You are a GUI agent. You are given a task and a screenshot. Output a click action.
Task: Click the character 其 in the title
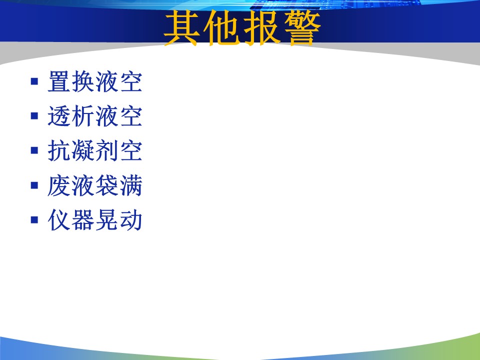click(181, 28)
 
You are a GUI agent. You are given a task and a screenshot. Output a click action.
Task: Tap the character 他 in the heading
click(221, 28)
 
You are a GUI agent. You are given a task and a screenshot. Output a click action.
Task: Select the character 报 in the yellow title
click(261, 28)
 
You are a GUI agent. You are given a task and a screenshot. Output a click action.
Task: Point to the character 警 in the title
click(302, 28)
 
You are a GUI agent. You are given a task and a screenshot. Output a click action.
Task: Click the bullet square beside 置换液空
click(34, 81)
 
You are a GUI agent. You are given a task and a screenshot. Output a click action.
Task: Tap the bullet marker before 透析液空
click(34, 116)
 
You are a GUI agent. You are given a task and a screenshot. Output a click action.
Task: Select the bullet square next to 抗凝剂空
click(34, 150)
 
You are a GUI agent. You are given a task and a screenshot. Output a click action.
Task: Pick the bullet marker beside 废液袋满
click(34, 185)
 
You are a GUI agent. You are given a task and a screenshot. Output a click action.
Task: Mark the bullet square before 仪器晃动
click(34, 220)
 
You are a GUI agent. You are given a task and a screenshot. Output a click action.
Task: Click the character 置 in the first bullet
click(59, 81)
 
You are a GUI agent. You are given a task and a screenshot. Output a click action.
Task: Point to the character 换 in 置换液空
click(83, 81)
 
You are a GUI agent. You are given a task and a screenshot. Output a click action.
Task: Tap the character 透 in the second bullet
click(59, 116)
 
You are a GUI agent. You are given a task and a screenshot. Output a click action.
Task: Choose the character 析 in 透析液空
click(83, 116)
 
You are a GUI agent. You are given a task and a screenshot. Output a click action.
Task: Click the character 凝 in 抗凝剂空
click(83, 150)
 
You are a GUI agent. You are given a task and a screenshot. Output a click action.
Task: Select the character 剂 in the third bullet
click(107, 150)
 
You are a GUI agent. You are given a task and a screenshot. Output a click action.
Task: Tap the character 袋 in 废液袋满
click(107, 185)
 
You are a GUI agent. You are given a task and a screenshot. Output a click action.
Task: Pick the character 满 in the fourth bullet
click(131, 185)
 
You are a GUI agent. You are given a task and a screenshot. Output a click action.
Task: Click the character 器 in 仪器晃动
click(83, 220)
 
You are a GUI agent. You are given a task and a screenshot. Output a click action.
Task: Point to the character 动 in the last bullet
click(131, 220)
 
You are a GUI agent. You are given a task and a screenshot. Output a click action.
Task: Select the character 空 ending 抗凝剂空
click(131, 150)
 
